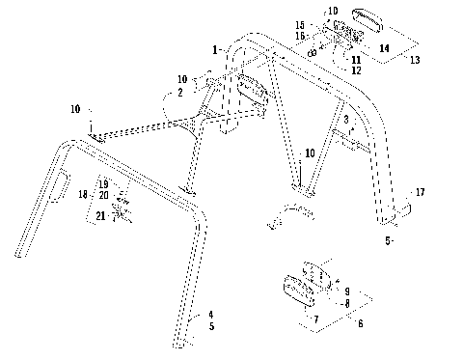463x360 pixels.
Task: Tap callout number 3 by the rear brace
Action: tap(345, 119)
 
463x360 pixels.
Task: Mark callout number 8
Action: tap(347, 303)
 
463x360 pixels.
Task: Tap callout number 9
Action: tap(347, 290)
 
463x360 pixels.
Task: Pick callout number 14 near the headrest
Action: tap(384, 46)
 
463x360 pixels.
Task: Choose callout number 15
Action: tap(300, 25)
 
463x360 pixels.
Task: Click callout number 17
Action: tap(418, 193)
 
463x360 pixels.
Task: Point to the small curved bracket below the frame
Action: tap(286, 214)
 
